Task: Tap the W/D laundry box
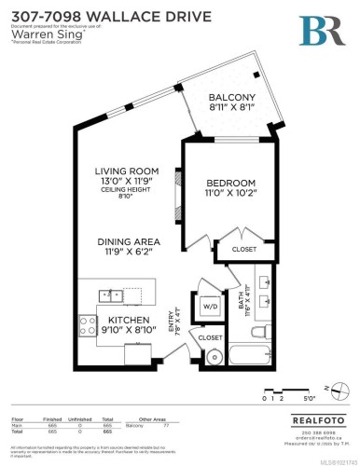point(211,305)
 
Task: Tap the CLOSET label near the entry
point(210,336)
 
